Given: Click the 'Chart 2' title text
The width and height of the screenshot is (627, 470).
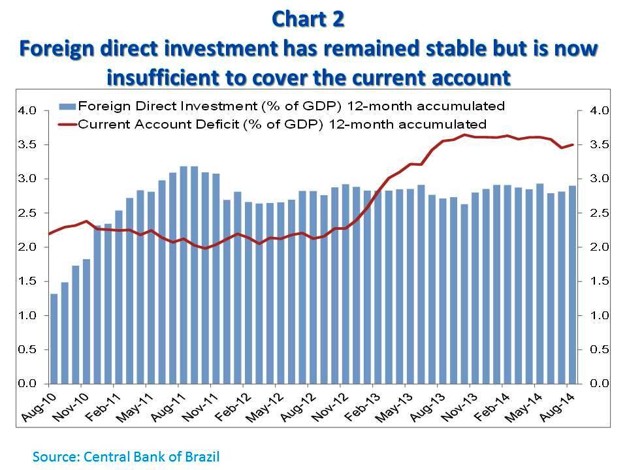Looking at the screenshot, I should click(x=306, y=19).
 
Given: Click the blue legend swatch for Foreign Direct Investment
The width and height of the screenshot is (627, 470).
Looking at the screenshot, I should click(x=67, y=105).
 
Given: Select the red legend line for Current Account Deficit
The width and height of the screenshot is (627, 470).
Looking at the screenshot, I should click(x=67, y=123).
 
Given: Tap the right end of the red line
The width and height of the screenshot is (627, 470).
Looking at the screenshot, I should click(x=573, y=145).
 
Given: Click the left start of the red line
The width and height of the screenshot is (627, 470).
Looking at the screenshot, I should click(x=49, y=234).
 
